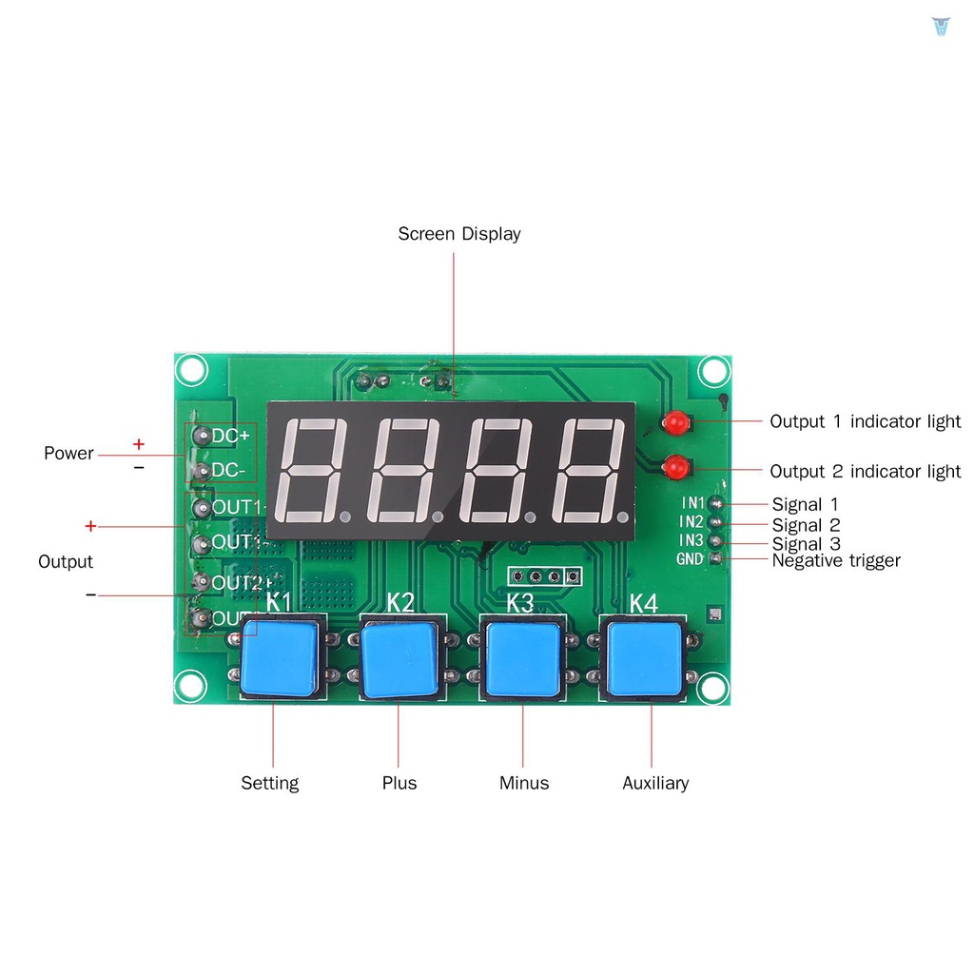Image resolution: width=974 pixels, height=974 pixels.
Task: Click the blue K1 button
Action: pyautogui.click(x=280, y=658)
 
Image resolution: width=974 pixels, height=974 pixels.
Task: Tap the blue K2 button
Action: pyautogui.click(x=399, y=658)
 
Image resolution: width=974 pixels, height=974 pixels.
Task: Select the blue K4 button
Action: pyautogui.click(x=645, y=658)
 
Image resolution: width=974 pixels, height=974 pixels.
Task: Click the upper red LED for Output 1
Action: pyautogui.click(x=677, y=421)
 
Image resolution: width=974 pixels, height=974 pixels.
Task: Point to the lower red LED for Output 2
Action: pyautogui.click(x=676, y=467)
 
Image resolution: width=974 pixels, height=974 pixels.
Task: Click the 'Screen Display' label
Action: pyautogui.click(x=458, y=234)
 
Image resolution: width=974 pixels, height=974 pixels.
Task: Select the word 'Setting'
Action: pyautogui.click(x=269, y=783)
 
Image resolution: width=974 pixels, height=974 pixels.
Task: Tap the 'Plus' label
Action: pyautogui.click(x=399, y=783)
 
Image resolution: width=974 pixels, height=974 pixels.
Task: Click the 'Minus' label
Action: pyautogui.click(x=524, y=783)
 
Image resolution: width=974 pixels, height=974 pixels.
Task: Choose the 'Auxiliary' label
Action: pyautogui.click(x=655, y=783)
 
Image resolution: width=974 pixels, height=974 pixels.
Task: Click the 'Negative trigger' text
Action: pyautogui.click(x=836, y=560)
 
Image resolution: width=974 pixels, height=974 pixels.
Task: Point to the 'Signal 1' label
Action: pyautogui.click(x=805, y=504)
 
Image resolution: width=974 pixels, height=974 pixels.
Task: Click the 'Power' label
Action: pyautogui.click(x=68, y=453)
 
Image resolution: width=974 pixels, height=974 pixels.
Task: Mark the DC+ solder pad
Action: pyautogui.click(x=202, y=436)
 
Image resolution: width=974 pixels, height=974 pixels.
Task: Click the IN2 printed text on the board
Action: pyautogui.click(x=692, y=521)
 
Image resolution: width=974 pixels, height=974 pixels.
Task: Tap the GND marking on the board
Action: pyautogui.click(x=690, y=559)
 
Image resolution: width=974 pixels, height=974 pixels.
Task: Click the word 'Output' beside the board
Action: pyautogui.click(x=66, y=561)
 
